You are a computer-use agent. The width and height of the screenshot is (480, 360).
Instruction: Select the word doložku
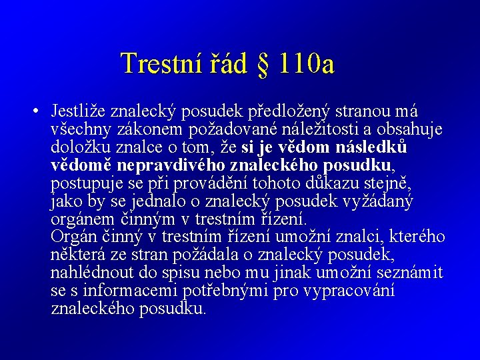[79, 147]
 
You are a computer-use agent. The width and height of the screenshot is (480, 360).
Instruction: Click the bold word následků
[373, 147]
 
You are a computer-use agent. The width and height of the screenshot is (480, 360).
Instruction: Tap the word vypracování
[349, 291]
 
